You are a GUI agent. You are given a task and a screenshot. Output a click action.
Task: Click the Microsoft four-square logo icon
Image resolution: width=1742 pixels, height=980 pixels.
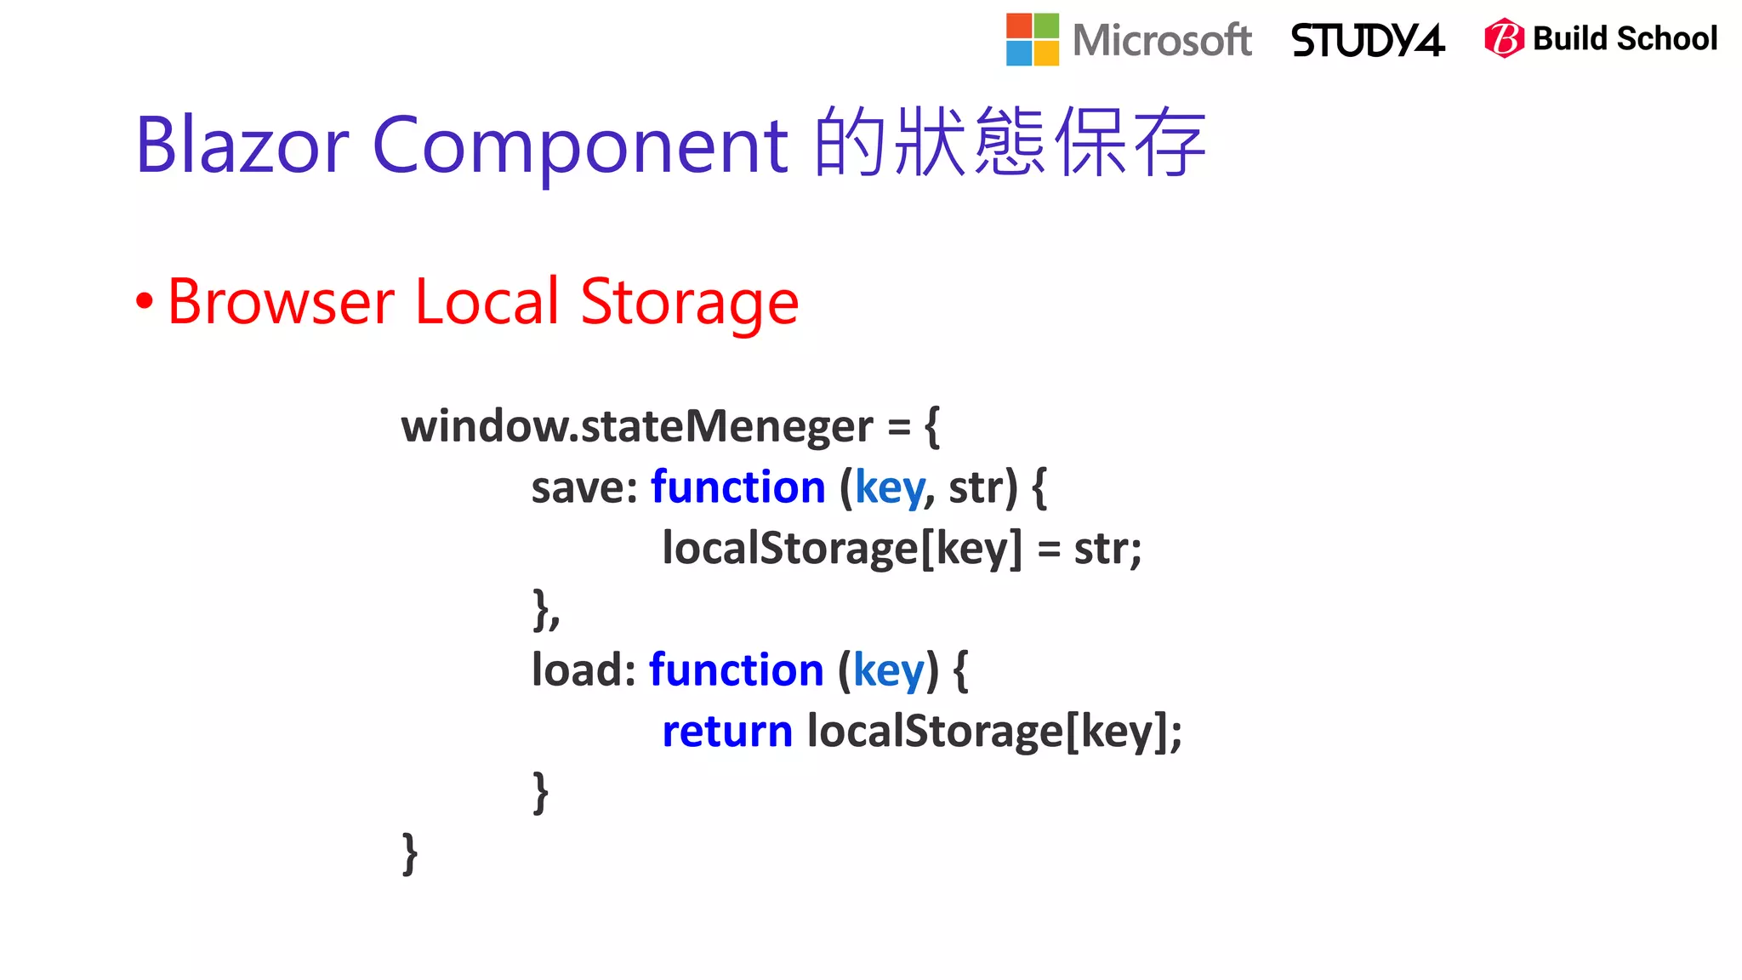click(x=1032, y=40)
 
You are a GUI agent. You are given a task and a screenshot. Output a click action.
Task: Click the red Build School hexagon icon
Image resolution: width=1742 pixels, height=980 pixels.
click(x=1504, y=38)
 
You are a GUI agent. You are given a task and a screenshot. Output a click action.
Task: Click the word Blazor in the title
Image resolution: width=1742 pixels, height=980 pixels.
click(x=242, y=145)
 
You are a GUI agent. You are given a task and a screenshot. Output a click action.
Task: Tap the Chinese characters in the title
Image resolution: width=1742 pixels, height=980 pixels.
click(x=1010, y=143)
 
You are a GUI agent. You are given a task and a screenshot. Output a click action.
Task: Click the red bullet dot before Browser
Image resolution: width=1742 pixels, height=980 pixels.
click(x=145, y=300)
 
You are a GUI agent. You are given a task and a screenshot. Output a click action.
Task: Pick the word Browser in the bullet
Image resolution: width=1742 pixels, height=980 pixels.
click(x=281, y=301)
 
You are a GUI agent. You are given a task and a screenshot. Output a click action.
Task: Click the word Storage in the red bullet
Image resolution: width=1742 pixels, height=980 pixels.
click(x=689, y=303)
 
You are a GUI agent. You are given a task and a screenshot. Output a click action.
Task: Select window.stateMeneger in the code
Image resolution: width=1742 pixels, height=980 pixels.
click(x=636, y=425)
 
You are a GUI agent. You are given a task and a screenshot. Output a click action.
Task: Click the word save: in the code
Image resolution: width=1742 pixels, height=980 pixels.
click(x=584, y=487)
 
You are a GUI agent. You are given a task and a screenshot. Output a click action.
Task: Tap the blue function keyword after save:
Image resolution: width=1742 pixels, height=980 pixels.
click(x=737, y=487)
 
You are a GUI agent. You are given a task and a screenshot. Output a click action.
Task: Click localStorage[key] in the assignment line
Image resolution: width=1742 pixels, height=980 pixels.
click(x=841, y=549)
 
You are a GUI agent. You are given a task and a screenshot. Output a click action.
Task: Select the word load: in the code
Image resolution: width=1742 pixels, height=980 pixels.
click(x=584, y=669)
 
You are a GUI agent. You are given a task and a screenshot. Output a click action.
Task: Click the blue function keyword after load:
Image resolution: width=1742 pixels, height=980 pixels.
click(x=736, y=669)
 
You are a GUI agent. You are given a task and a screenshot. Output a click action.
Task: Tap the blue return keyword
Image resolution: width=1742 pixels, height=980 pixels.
click(x=726, y=732)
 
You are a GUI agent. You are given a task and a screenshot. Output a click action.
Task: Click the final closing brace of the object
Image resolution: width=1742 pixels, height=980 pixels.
click(x=410, y=854)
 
